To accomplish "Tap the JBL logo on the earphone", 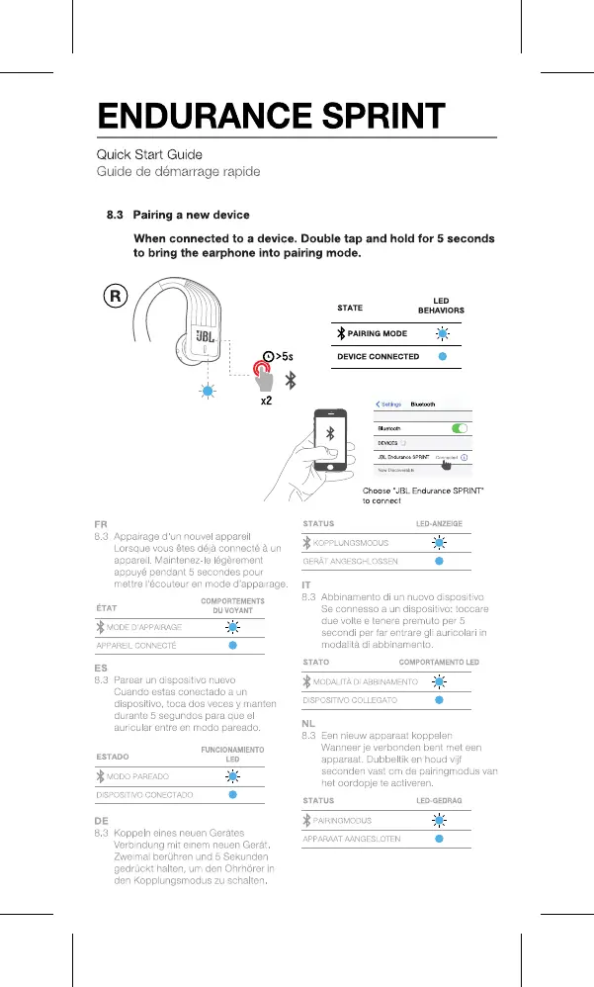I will click(x=205, y=340).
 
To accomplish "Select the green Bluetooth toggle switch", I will click(x=458, y=428).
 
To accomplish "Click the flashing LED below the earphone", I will click(x=207, y=391).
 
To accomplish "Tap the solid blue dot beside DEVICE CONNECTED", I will click(x=443, y=356).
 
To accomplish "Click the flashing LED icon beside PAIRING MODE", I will click(x=443, y=333).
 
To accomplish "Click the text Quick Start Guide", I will click(x=148, y=154).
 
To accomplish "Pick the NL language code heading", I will click(x=308, y=725).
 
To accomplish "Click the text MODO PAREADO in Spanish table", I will click(x=137, y=776).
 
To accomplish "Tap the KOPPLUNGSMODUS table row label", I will click(x=350, y=543).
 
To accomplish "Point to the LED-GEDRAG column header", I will click(x=439, y=799).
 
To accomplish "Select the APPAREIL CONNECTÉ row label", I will click(x=136, y=645).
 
